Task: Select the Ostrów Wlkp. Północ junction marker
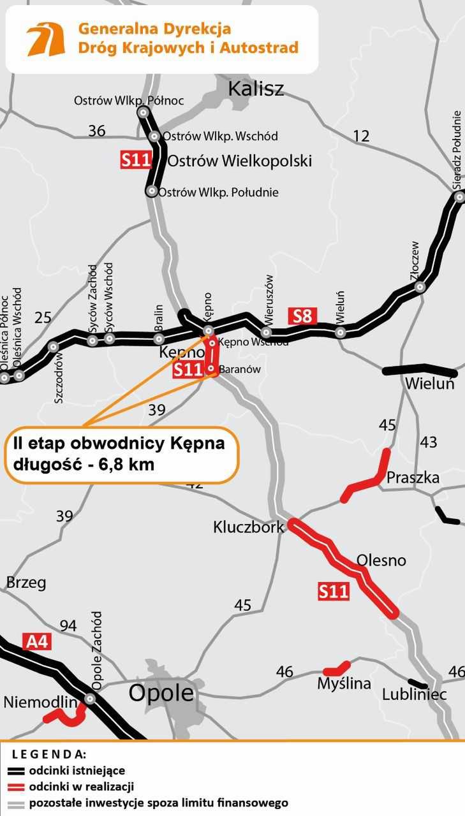pos(144,112)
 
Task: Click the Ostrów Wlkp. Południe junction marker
pos(152,191)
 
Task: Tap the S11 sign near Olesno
pos(334,592)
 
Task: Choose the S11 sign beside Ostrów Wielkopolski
pos(135,159)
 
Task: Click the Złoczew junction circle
pos(420,287)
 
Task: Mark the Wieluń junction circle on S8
pos(341,332)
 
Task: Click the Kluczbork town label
pos(248,528)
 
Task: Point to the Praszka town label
pos(413,477)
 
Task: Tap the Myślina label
pos(344,683)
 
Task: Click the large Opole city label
pos(161,693)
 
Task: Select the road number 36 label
pos(97,131)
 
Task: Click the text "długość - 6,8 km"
pos(84,464)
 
